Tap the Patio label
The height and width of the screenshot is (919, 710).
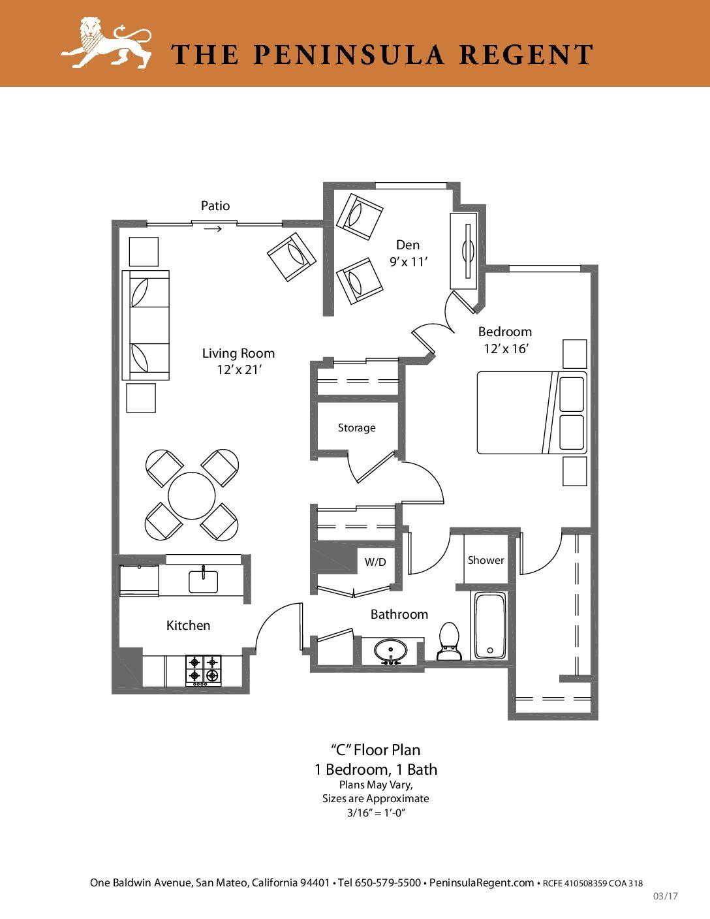215,206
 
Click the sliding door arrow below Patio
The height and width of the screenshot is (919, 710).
213,229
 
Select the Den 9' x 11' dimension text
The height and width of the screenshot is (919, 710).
409,262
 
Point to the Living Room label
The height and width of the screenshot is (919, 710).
238,353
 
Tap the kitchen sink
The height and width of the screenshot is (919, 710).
204,581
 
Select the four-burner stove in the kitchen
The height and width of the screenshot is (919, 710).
204,671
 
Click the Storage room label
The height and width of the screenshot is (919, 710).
356,428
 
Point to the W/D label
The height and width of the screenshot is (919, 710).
375,562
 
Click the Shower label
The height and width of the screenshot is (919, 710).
486,561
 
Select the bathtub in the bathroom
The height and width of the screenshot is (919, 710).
490,625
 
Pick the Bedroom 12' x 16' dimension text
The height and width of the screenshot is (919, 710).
507,349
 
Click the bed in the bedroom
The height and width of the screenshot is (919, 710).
532,413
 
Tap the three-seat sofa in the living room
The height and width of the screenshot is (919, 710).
146,325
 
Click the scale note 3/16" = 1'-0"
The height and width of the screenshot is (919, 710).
376,813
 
